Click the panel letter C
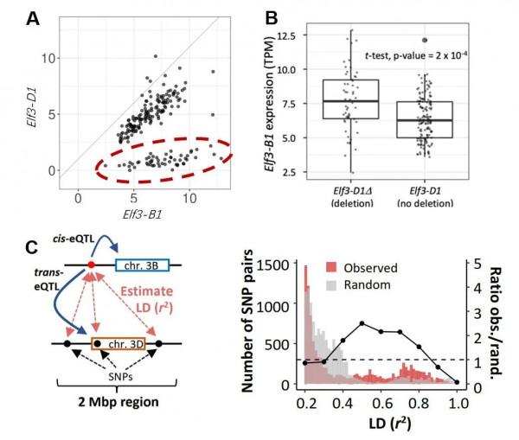[x=32, y=248]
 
